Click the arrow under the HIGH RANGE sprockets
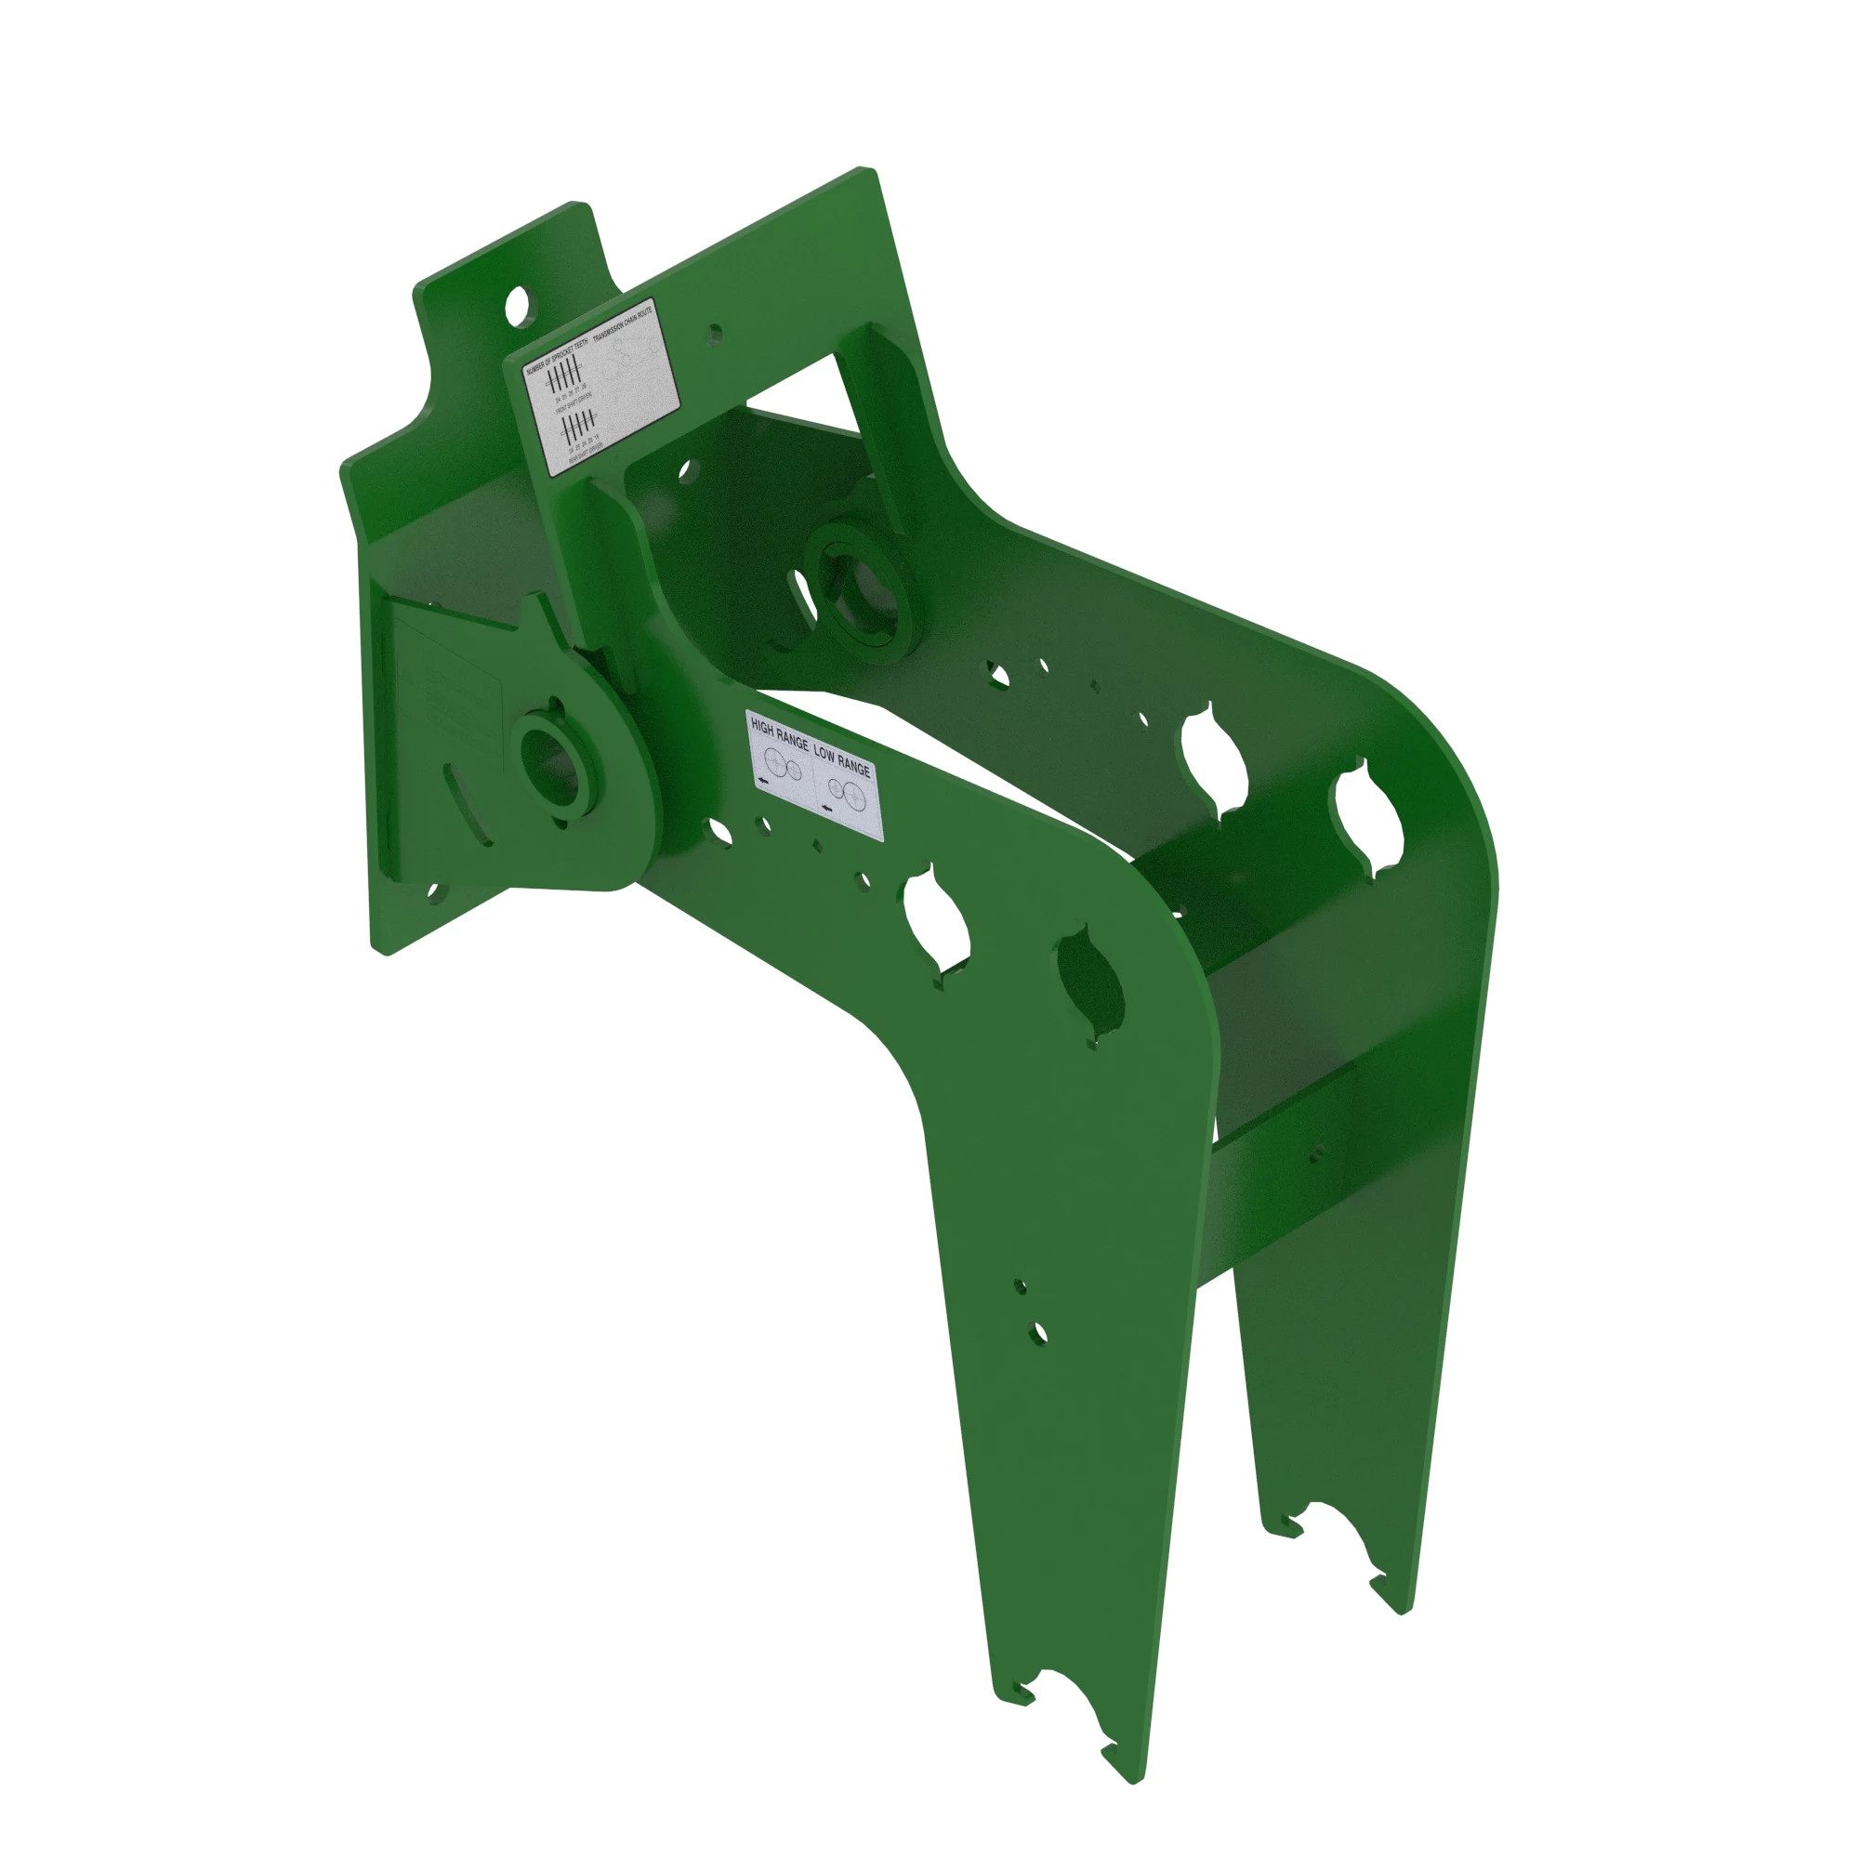(x=763, y=782)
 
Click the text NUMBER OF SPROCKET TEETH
(x=556, y=354)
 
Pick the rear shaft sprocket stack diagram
(x=575, y=426)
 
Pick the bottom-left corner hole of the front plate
(x=435, y=895)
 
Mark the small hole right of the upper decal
(x=715, y=334)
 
